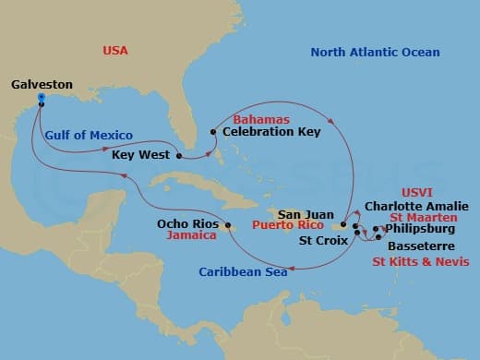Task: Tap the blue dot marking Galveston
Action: pos(42,98)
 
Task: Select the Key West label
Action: pos(140,155)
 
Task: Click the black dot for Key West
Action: pos(178,155)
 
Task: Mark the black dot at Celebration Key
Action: pos(213,132)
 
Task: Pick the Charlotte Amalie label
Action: pos(416,206)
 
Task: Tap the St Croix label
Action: pos(323,240)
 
